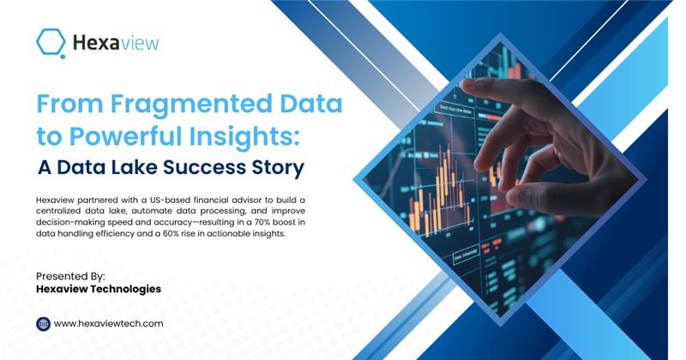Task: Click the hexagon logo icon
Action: pos(51,43)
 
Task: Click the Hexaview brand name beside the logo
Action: pos(116,43)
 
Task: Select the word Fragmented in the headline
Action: pos(191,105)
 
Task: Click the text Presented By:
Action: pos(70,277)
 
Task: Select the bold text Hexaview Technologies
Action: pos(99,289)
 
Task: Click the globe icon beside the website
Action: pos(44,324)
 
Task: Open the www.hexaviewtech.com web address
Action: pos(109,324)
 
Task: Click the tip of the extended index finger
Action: pos(464,82)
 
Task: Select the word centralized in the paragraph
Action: pos(58,211)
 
